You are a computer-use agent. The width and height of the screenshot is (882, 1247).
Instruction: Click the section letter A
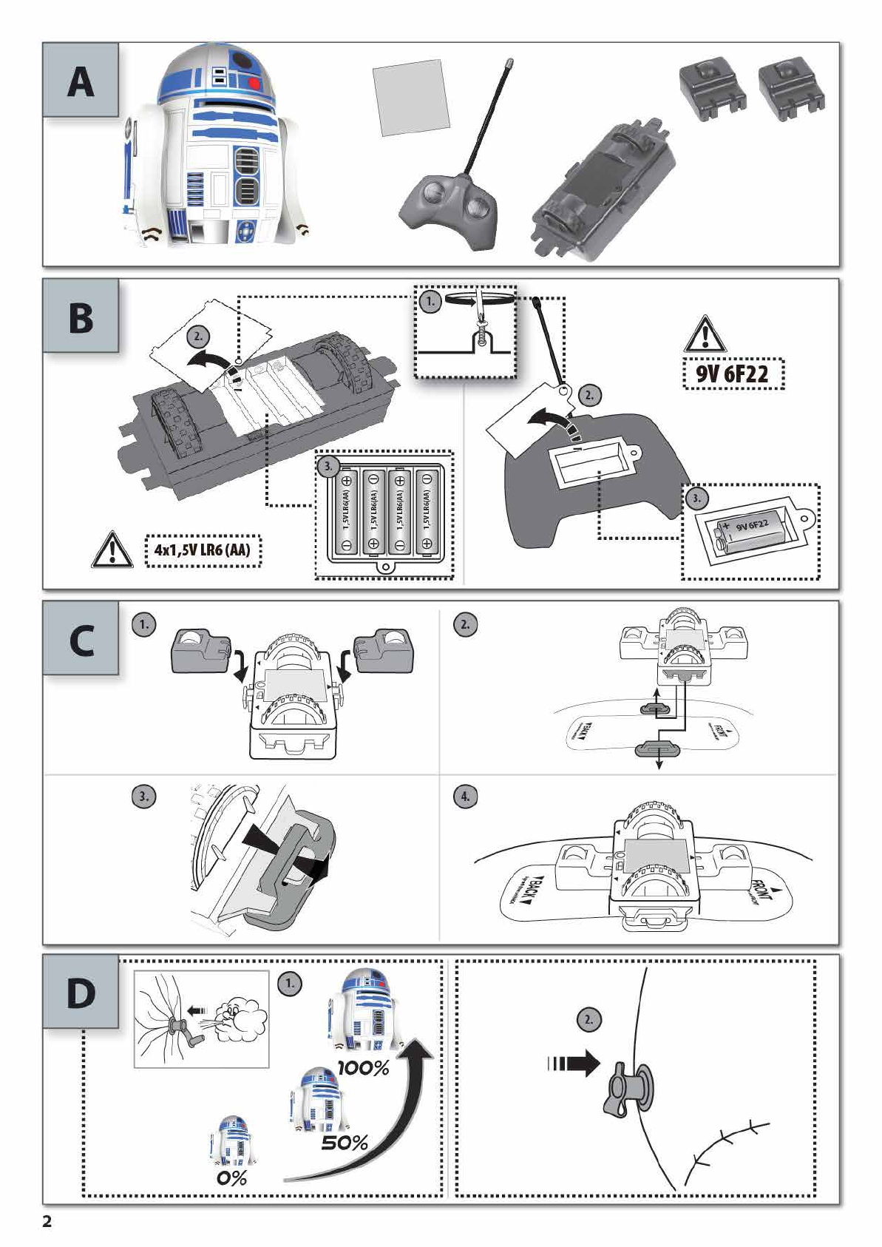click(x=81, y=81)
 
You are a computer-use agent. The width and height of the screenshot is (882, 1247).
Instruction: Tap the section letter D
click(x=81, y=993)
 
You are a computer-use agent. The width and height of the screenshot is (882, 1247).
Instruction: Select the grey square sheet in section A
click(x=411, y=98)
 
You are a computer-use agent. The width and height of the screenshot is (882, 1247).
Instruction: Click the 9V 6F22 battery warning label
click(x=732, y=374)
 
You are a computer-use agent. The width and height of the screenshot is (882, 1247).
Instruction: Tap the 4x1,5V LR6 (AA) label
click(x=203, y=550)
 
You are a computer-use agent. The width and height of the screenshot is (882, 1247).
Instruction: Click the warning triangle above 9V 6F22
click(x=705, y=334)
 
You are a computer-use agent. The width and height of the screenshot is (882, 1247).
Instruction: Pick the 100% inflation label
click(x=363, y=1068)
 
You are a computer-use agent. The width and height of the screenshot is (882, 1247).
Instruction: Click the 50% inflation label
click(x=345, y=1143)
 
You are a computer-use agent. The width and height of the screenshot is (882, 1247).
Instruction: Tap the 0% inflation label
click(x=231, y=1177)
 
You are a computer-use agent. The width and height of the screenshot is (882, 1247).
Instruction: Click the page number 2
click(x=47, y=1221)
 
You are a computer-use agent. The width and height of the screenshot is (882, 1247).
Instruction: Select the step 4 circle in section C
click(x=465, y=797)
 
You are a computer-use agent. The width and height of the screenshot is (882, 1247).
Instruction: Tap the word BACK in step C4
click(x=529, y=893)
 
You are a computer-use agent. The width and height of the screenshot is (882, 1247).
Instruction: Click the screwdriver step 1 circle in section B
click(x=430, y=301)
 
